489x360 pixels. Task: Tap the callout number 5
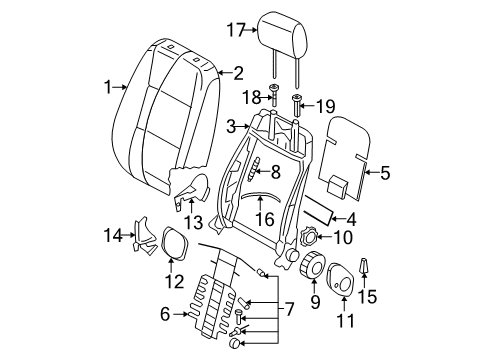(x=385, y=173)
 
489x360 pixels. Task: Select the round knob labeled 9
(x=313, y=265)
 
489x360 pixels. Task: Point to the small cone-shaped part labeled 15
(x=364, y=265)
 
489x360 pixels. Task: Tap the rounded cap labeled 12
(x=174, y=242)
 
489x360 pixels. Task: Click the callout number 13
(x=194, y=222)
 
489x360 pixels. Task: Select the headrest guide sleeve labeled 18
(x=274, y=94)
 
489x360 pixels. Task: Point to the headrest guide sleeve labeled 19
(x=296, y=105)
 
